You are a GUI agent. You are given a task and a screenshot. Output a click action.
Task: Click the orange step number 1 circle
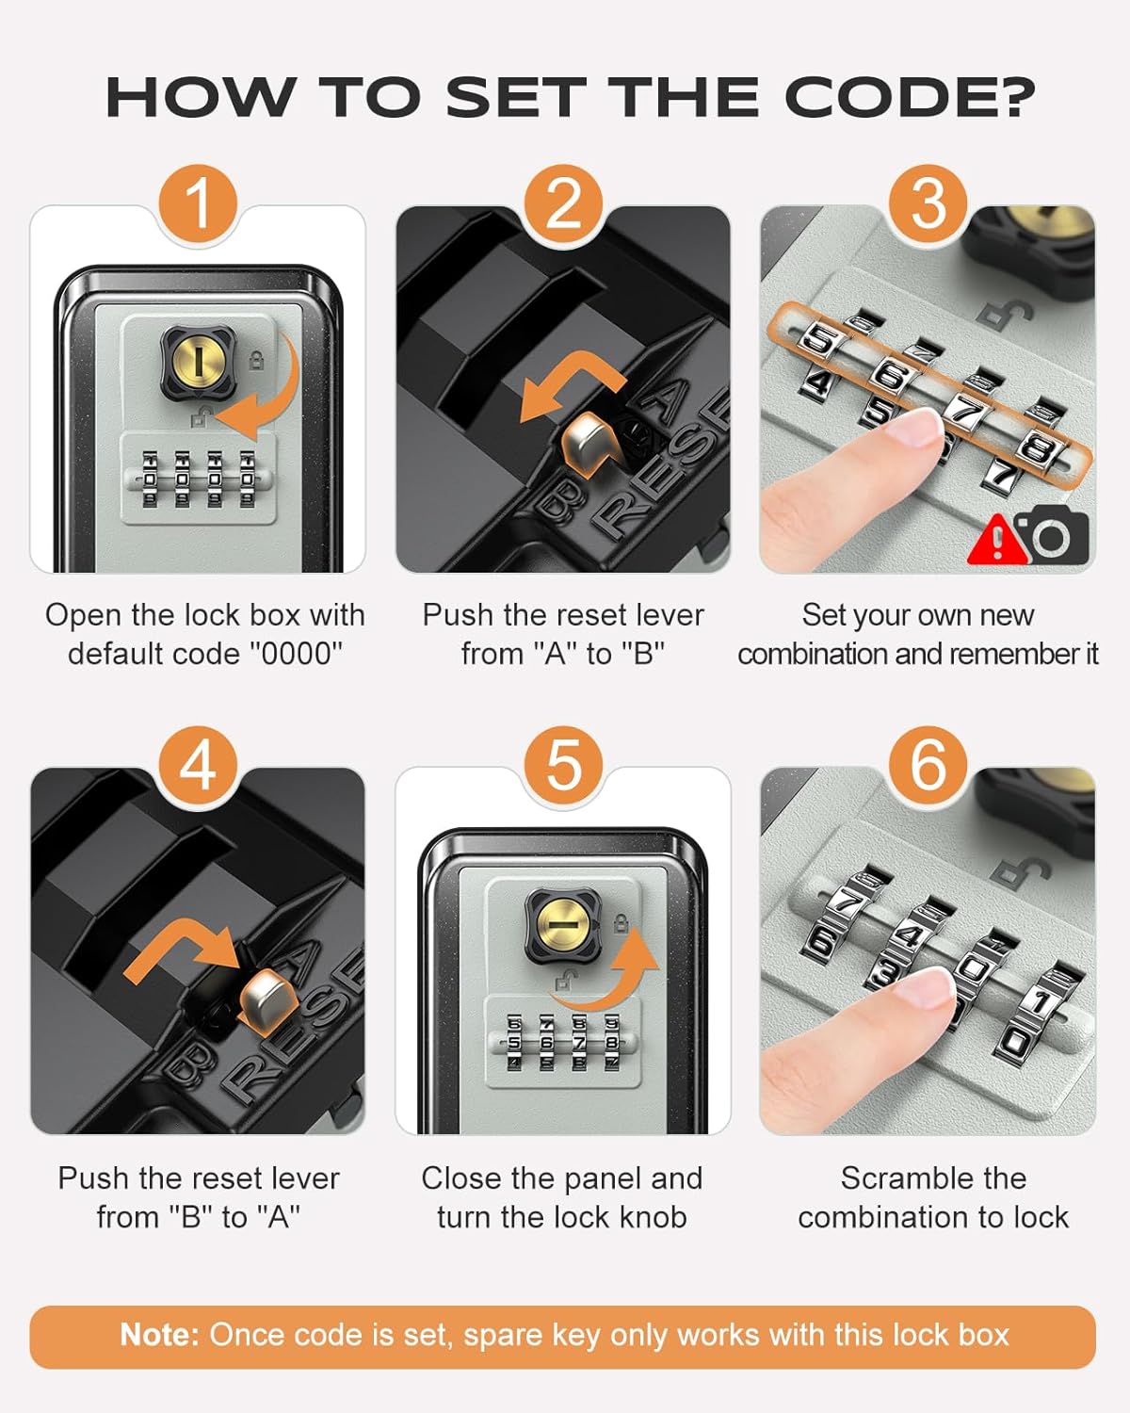tap(198, 203)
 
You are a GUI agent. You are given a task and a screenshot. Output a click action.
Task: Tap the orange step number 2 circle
tap(563, 203)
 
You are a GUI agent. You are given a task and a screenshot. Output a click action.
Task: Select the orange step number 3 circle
tap(928, 203)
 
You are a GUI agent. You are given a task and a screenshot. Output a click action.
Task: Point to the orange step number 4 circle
tap(198, 765)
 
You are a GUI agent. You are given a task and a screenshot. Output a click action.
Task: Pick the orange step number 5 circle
tap(563, 765)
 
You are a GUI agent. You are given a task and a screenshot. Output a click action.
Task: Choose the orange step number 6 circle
tap(928, 765)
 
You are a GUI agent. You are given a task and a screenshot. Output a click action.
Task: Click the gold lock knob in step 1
tap(199, 362)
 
